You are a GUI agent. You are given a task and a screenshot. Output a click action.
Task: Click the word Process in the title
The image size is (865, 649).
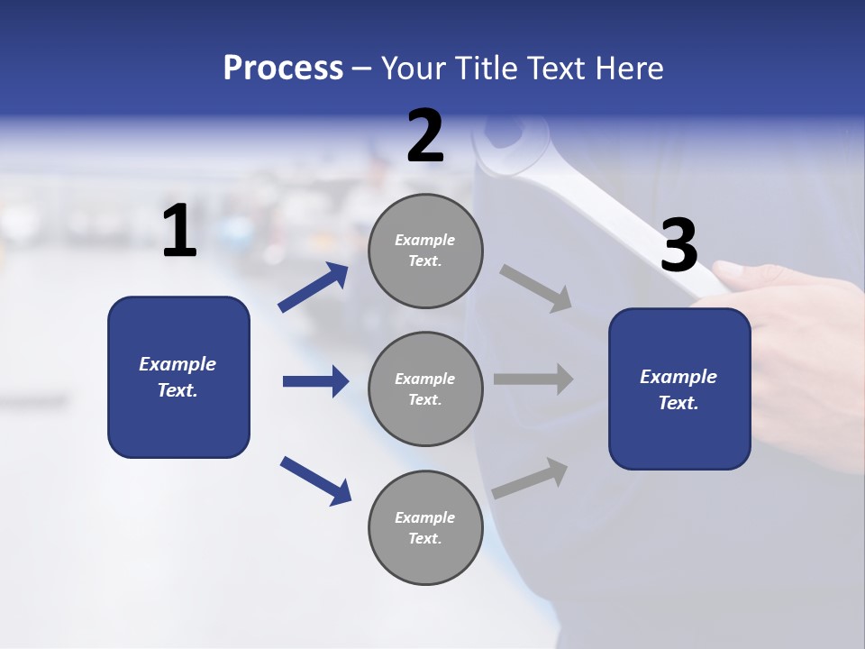[x=283, y=68]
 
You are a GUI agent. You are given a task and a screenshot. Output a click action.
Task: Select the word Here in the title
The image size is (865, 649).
[x=627, y=68]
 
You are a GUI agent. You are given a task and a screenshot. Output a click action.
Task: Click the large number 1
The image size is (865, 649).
[x=179, y=232]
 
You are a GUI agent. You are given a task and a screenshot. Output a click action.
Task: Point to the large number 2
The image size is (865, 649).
[x=425, y=136]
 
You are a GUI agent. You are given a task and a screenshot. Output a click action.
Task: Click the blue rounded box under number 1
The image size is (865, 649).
[x=178, y=377]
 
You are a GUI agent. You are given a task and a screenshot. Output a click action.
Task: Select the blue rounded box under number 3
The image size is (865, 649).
[x=679, y=389]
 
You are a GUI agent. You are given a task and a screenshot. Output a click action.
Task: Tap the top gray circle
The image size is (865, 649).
[x=425, y=251]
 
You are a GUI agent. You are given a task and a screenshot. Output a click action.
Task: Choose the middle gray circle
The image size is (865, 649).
[x=425, y=389]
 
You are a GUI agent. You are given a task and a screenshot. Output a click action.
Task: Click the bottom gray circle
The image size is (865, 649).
[x=425, y=528]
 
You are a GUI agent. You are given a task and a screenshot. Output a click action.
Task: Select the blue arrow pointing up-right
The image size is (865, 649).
[x=314, y=288]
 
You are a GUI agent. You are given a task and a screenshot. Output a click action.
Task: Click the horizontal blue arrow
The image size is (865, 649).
[x=315, y=381]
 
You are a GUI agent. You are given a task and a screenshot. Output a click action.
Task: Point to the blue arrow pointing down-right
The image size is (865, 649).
[x=315, y=480]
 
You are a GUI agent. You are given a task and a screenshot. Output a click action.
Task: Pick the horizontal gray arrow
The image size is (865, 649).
[x=533, y=379]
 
